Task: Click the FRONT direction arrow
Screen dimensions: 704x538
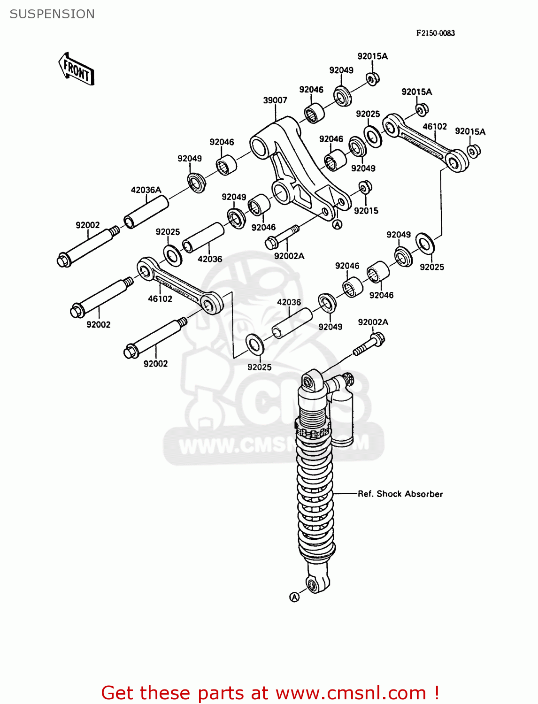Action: (x=76, y=69)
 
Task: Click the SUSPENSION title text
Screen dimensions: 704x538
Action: (x=52, y=14)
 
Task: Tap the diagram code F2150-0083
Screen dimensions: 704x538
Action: (x=435, y=33)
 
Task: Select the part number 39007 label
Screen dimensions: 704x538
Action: (x=275, y=100)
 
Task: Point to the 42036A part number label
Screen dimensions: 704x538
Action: (x=146, y=190)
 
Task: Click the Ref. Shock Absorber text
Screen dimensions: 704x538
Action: (x=400, y=494)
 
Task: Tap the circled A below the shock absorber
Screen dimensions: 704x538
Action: (x=294, y=597)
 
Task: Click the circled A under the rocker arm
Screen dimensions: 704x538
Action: (x=337, y=225)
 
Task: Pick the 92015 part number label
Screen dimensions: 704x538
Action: (x=366, y=211)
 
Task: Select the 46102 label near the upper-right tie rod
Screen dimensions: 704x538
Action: (x=435, y=127)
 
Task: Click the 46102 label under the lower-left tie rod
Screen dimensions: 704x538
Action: (x=160, y=298)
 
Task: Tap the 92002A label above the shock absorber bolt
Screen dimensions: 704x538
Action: (x=373, y=322)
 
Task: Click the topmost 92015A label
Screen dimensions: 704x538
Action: (x=372, y=56)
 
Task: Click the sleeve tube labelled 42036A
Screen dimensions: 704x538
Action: (x=146, y=212)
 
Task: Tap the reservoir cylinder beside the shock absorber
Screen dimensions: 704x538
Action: (x=344, y=418)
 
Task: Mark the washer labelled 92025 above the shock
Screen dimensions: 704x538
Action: (x=255, y=344)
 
